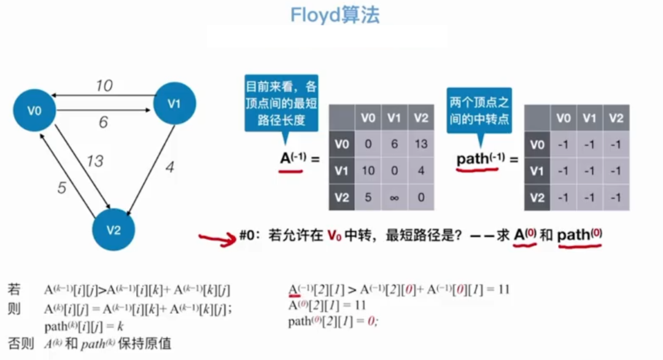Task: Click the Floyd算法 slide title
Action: tap(335, 15)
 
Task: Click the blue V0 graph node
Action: tap(34, 111)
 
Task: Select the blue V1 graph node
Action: tap(174, 103)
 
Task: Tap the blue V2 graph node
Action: tap(114, 230)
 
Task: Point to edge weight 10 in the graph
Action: tap(104, 85)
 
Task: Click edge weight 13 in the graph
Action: tap(95, 162)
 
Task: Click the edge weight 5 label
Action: tap(62, 187)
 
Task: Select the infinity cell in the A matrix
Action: tap(394, 197)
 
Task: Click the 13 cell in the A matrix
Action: tap(421, 144)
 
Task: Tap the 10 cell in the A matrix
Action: tap(368, 171)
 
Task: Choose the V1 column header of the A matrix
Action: tap(394, 117)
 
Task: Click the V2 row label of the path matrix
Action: tap(537, 197)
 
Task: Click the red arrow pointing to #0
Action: tap(219, 237)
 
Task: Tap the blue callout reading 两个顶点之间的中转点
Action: tap(479, 110)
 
